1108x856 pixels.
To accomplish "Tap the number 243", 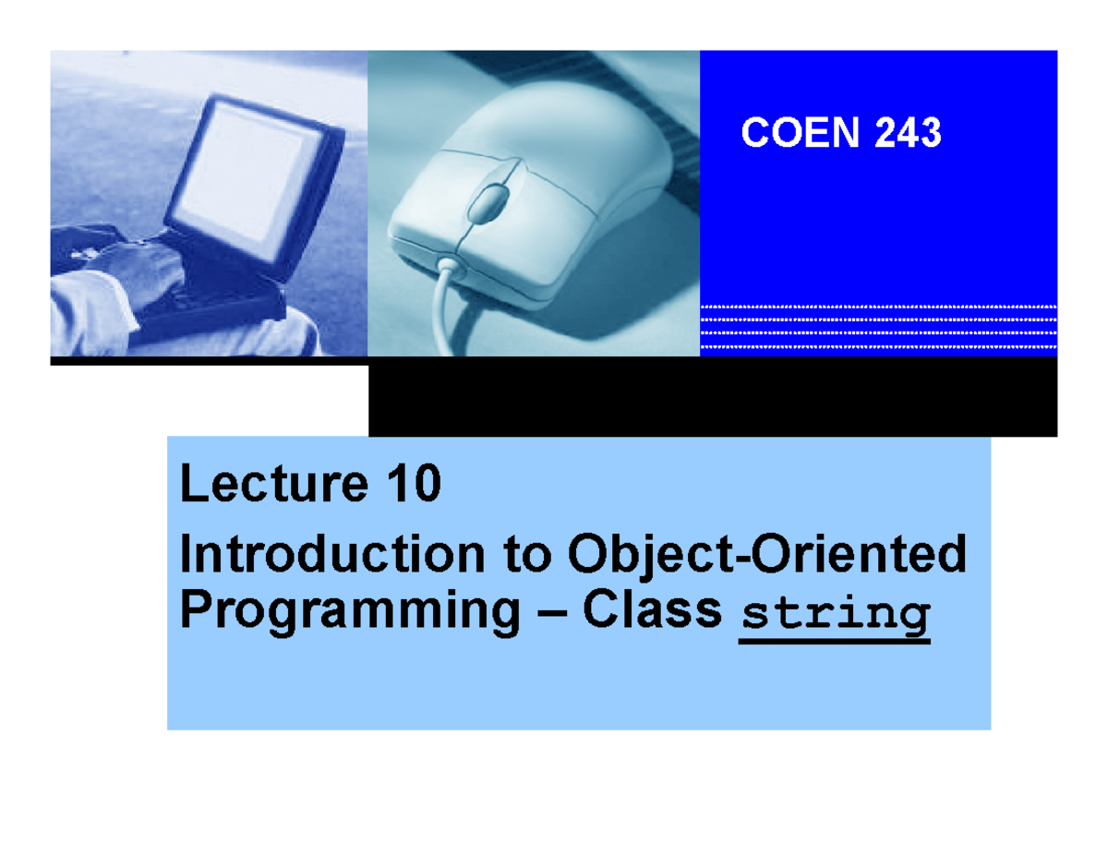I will coord(907,135).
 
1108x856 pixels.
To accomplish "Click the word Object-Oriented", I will coord(766,557).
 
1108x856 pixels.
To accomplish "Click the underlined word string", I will coord(835,614).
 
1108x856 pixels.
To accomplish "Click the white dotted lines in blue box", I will coord(878,328).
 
